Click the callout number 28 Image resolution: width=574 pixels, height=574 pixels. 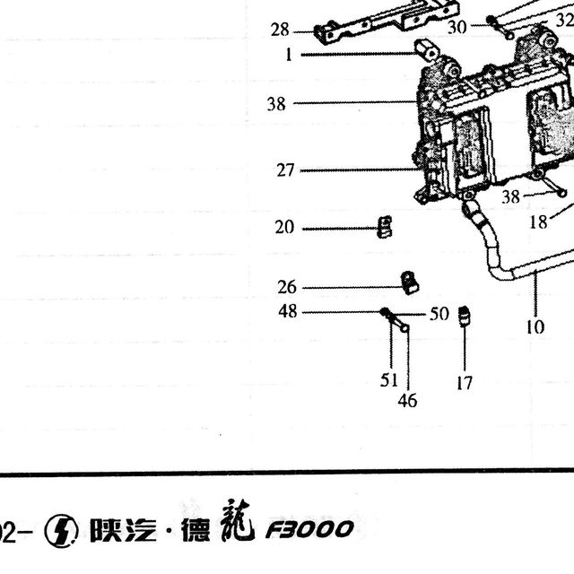280,30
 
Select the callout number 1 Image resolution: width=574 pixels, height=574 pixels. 289,55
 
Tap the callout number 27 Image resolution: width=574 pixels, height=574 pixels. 285,170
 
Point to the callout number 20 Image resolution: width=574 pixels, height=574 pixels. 284,227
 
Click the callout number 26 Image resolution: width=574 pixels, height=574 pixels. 287,287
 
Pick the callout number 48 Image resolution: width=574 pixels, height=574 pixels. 288,311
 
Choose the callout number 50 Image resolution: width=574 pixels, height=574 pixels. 439,314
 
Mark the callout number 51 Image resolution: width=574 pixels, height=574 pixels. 388,380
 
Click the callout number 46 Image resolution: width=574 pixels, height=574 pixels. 407,401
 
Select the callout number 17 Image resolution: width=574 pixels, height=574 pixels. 465,383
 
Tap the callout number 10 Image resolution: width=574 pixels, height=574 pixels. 535,326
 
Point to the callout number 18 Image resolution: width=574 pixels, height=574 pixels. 539,222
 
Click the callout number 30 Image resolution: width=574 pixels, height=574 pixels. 457,27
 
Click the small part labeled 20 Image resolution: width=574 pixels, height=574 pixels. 385,227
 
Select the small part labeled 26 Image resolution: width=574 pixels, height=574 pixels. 410,283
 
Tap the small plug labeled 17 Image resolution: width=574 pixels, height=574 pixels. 465,315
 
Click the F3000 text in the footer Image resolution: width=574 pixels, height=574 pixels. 309,530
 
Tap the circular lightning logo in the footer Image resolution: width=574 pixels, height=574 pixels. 61,531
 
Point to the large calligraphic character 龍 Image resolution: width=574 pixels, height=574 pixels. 238,520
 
